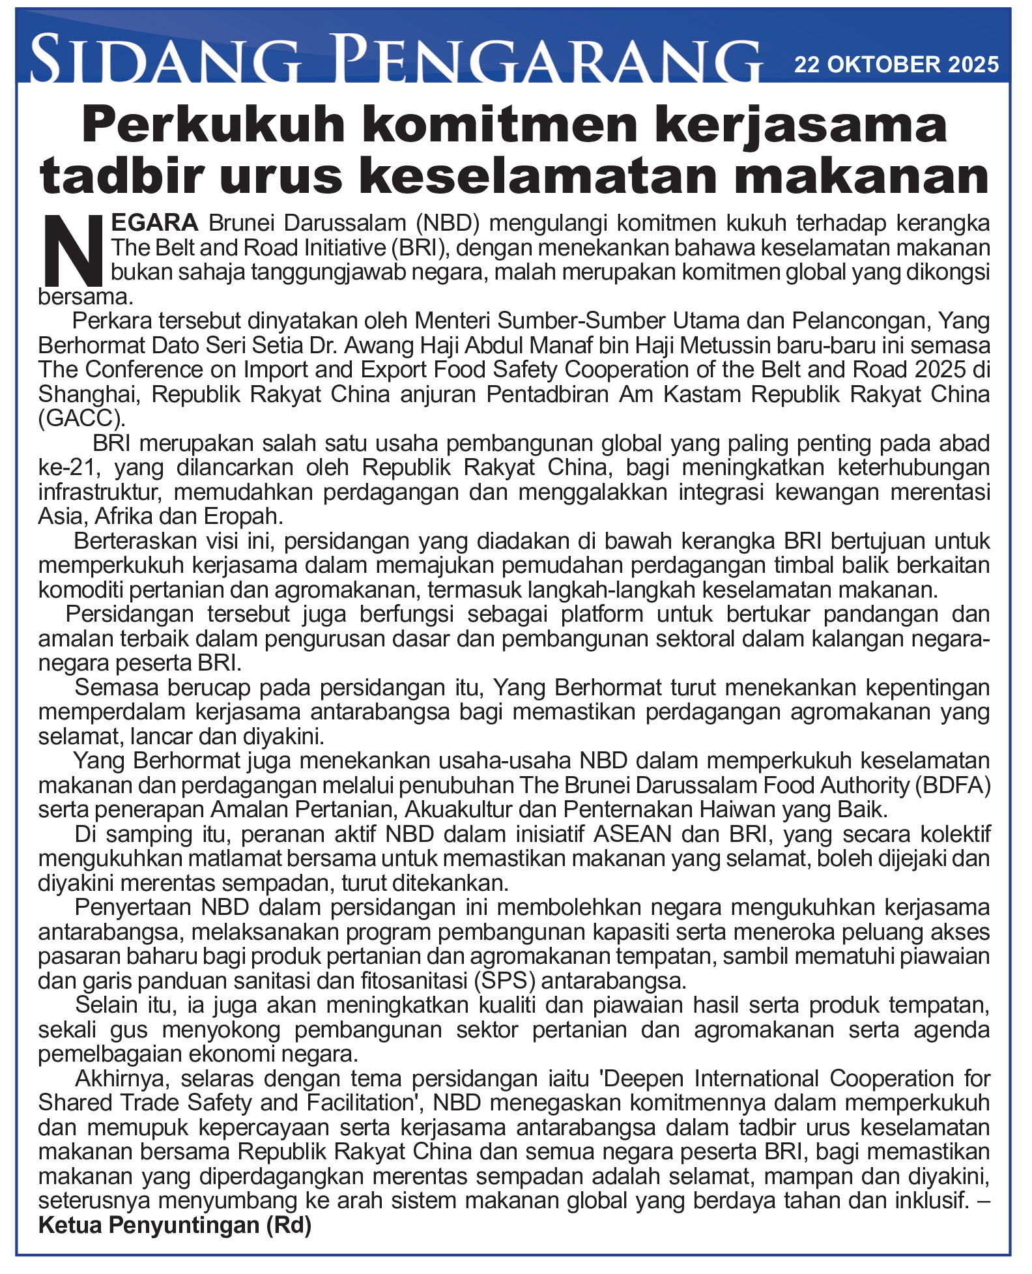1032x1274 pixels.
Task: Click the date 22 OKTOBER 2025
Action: coord(896,65)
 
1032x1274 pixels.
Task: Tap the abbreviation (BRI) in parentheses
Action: coord(420,248)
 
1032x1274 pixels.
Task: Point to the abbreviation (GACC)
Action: coord(81,418)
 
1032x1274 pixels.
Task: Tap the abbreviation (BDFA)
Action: coord(953,786)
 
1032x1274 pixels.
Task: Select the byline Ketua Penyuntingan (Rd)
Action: coord(175,1226)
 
